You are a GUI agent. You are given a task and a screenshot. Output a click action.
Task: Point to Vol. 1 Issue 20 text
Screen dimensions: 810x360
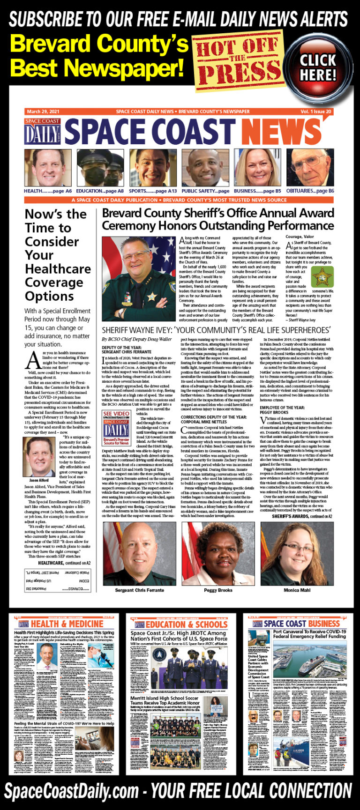pyautogui.click(x=316, y=111)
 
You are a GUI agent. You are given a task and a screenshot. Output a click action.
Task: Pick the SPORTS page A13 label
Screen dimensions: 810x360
pyautogui.click(x=153, y=191)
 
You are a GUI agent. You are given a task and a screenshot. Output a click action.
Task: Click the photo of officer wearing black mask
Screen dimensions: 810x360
pyautogui.click(x=100, y=168)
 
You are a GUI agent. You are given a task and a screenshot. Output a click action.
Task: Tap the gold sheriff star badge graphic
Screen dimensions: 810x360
pyautogui.click(x=321, y=277)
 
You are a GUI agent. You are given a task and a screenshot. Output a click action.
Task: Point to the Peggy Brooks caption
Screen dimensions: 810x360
pyautogui.click(x=218, y=590)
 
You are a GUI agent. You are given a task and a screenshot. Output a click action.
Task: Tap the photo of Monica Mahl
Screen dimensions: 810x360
pyautogui.click(x=297, y=553)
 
